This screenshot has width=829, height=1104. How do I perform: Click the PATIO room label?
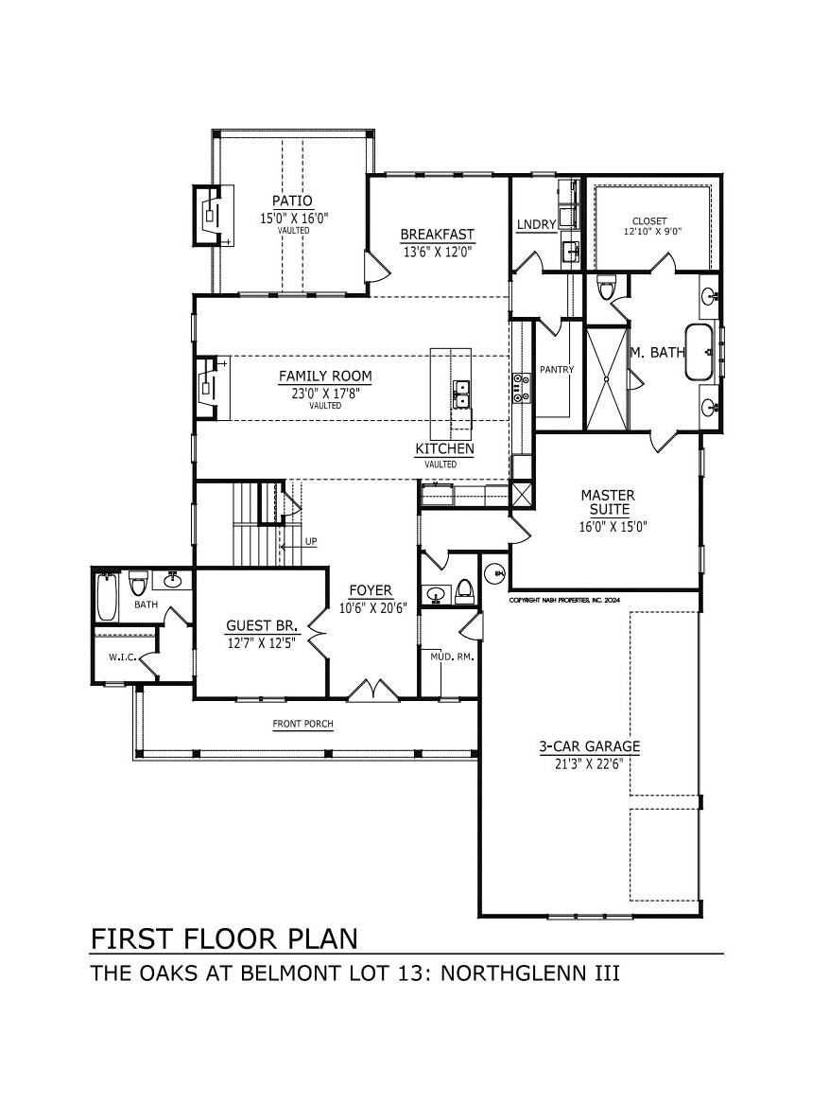(x=293, y=202)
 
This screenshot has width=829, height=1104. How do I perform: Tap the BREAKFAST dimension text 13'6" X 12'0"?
(x=437, y=250)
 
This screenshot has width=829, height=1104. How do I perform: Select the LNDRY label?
(x=536, y=224)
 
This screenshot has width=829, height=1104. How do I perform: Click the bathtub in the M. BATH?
(x=702, y=351)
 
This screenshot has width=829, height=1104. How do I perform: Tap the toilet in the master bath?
(x=606, y=288)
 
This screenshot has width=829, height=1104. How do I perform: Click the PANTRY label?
(x=557, y=369)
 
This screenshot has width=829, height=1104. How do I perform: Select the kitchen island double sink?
(x=462, y=394)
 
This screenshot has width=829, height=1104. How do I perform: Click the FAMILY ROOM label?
(x=325, y=376)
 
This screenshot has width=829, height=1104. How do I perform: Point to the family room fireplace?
(x=211, y=388)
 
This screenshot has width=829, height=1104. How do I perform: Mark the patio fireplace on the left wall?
(x=213, y=215)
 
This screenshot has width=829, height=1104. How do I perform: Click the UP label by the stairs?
(x=310, y=541)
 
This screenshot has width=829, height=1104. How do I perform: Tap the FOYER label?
(x=371, y=590)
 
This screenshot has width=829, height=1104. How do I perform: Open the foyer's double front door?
(x=372, y=690)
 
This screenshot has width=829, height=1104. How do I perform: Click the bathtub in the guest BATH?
(x=107, y=596)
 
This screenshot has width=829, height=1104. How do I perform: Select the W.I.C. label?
(x=122, y=657)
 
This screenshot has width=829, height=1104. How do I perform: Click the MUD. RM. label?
(x=452, y=657)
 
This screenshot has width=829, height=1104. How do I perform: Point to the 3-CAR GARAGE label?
(x=590, y=746)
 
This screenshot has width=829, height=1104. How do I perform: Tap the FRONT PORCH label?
(x=303, y=723)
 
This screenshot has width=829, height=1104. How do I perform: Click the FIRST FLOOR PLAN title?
(x=224, y=938)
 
